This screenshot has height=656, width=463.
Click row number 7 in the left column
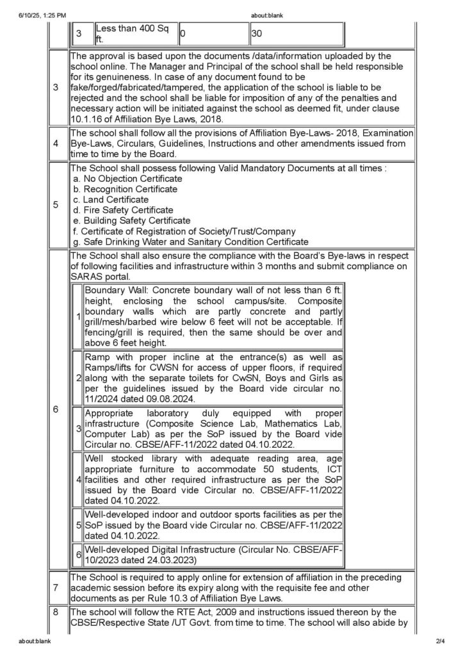click(58, 587)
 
